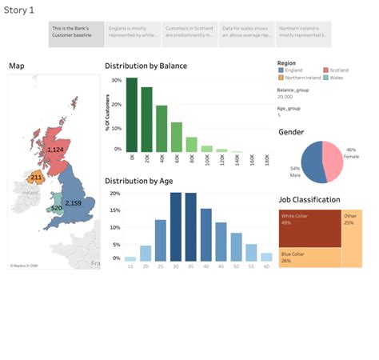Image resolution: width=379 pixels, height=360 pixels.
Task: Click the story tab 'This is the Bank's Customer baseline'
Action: point(76,34)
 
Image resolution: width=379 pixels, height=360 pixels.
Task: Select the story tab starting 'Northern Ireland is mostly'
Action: point(303,34)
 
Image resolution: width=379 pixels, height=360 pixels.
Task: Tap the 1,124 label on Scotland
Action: point(55,150)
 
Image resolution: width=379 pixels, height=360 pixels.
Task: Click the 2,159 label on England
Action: point(73,203)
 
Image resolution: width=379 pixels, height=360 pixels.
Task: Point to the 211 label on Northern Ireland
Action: point(36,177)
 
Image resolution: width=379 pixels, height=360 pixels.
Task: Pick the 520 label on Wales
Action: point(56,208)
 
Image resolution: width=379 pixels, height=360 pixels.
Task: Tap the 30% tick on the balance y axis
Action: point(117,81)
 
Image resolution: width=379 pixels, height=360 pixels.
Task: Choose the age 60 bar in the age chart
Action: point(266,258)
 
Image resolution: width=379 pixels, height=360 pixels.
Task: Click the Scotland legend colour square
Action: point(325,70)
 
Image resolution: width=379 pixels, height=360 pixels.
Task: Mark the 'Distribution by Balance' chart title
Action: point(146,66)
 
